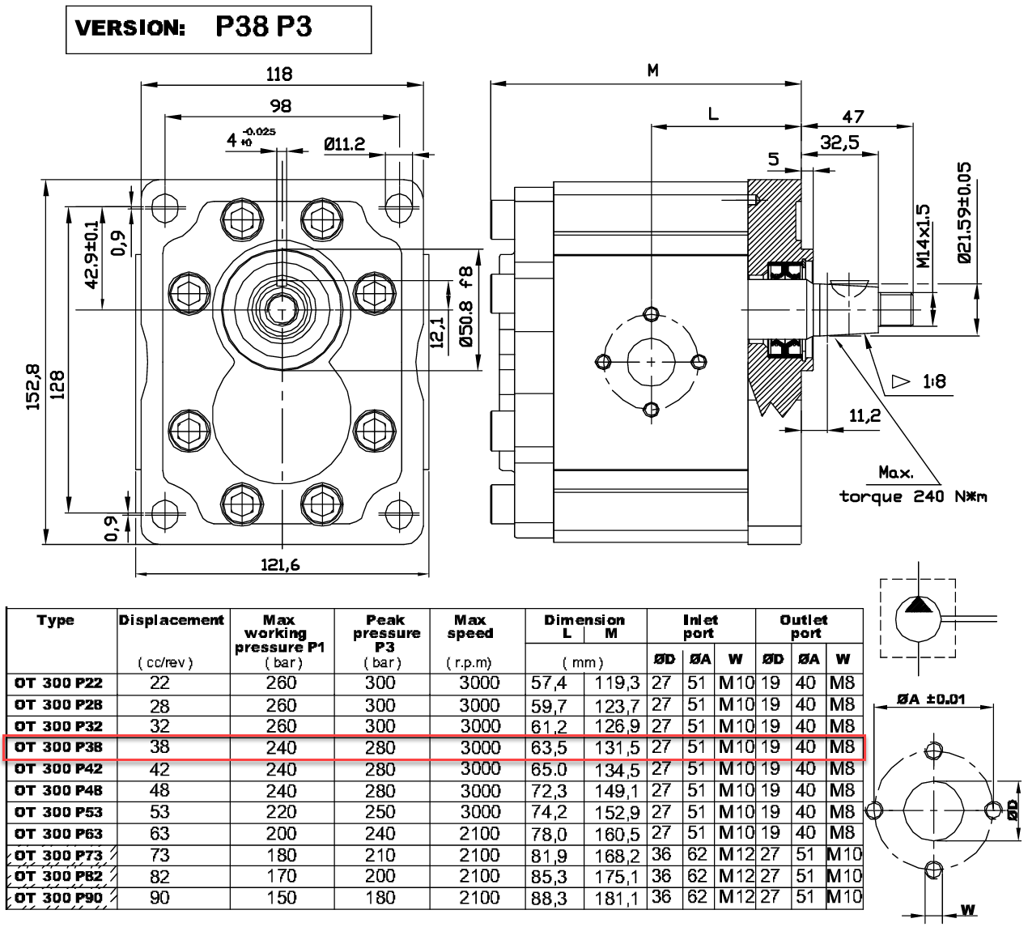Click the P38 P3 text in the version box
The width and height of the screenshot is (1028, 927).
coord(264,27)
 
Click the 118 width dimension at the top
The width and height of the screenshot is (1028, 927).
coord(279,74)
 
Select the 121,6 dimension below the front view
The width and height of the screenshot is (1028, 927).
coord(280,565)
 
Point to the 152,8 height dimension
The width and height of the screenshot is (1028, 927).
coord(33,387)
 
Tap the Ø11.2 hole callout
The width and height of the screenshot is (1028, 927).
coord(344,145)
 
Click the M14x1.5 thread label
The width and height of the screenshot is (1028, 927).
coord(924,236)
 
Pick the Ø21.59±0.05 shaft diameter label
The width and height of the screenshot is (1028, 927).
coord(963,213)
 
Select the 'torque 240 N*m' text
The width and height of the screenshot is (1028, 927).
coord(913,496)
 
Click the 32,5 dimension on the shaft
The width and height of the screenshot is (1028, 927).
coord(839,142)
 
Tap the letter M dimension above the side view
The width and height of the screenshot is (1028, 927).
coord(652,71)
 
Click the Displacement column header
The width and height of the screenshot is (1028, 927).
coord(172,621)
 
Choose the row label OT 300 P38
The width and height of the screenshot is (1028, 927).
coord(59,747)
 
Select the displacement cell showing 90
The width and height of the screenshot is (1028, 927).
coord(160,898)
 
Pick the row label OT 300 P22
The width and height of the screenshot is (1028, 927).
coord(59,683)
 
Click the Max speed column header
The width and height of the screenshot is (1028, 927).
coord(469,627)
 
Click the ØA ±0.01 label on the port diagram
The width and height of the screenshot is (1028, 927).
coord(930,700)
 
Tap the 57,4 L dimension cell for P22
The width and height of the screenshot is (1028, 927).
coord(550,683)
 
